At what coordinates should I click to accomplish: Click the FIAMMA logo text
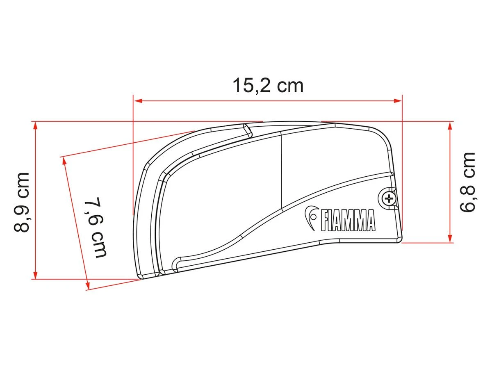tap(348, 221)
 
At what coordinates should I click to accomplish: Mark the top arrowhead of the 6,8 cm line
tap(450, 125)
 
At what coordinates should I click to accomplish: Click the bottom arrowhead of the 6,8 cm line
tap(450, 239)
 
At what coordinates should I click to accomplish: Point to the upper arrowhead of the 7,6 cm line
tap(64, 160)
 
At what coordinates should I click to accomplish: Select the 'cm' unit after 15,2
tap(290, 86)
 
